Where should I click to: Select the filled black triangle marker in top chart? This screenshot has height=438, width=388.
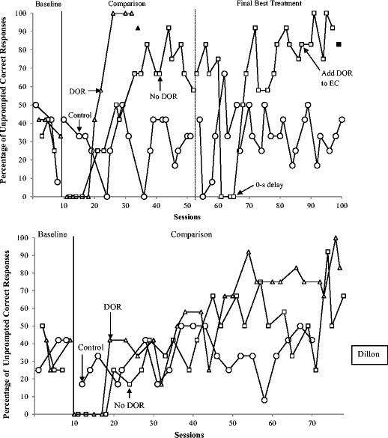[138, 28]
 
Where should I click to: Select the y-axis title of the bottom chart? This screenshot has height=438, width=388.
[8, 325]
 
